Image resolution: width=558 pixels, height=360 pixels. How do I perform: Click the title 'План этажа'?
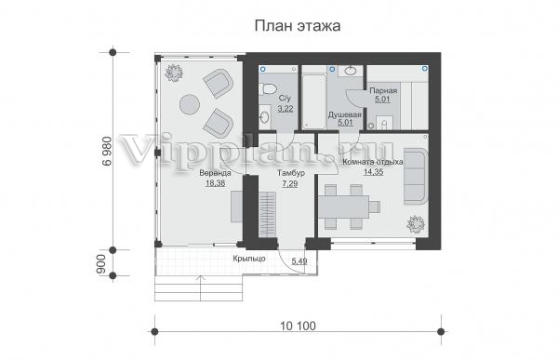pos(298,26)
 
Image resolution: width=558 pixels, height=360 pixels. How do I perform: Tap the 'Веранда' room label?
pos(215,173)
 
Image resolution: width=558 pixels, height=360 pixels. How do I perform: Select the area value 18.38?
pos(216,183)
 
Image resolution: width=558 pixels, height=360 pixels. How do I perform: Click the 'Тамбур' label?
pos(291,173)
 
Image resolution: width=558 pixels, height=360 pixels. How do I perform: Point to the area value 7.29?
pos(289,184)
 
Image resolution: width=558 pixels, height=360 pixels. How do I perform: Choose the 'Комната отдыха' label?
pos(373,162)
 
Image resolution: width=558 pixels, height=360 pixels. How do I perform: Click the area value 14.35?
pos(373,172)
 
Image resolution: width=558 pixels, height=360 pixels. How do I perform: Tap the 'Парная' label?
pos(383,90)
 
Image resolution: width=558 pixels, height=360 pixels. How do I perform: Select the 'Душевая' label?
pos(344,114)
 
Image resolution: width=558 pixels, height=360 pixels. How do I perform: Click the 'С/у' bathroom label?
pos(285,99)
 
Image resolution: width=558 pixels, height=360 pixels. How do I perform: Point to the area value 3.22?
pos(286,108)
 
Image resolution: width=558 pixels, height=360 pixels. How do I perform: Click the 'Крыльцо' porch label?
pos(249,259)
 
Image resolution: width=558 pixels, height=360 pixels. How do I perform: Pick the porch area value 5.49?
pos(299,261)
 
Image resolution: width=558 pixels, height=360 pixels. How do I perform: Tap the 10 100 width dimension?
pos(298,326)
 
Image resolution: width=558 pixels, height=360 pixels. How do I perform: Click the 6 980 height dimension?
pos(107,152)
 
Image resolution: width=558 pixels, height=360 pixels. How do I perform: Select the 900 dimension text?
pos(101,264)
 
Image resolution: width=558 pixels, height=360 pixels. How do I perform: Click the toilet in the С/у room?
pos(267,88)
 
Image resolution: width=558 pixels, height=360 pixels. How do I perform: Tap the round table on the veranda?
pos(190,105)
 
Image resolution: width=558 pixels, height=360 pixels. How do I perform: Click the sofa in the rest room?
pos(416,176)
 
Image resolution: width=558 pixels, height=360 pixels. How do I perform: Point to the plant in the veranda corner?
pos(174,73)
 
